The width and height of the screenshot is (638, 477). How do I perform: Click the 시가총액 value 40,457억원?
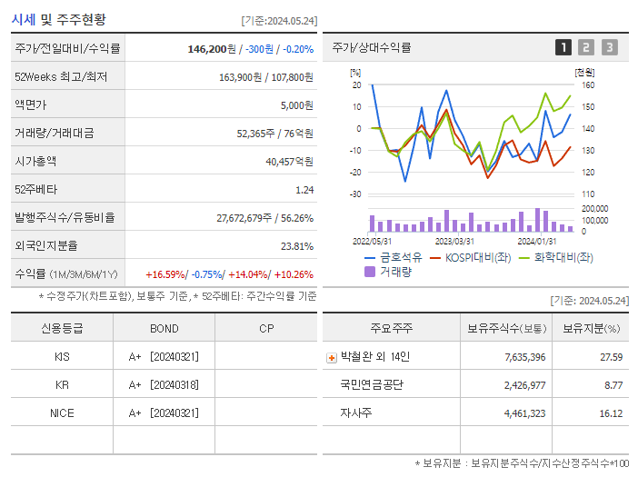click(289, 161)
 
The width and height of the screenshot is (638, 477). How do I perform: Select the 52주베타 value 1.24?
click(304, 189)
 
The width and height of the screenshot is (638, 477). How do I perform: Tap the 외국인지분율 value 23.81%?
click(297, 245)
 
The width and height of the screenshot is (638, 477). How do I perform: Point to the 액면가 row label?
click(32, 104)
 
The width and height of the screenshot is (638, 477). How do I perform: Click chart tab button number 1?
click(563, 47)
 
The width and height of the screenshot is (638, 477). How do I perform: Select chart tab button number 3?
click(609, 47)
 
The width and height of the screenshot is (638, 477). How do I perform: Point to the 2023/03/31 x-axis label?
click(454, 241)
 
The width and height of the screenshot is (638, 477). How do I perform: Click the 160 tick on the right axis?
click(588, 85)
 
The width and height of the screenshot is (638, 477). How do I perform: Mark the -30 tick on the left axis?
click(355, 194)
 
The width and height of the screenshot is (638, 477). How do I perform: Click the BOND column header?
click(164, 329)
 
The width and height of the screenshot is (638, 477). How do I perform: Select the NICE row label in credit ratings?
click(62, 412)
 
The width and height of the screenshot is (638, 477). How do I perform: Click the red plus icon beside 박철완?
click(331, 358)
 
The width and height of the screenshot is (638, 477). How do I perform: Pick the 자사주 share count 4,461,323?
click(524, 413)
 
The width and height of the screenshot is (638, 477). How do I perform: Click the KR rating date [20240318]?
click(174, 385)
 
